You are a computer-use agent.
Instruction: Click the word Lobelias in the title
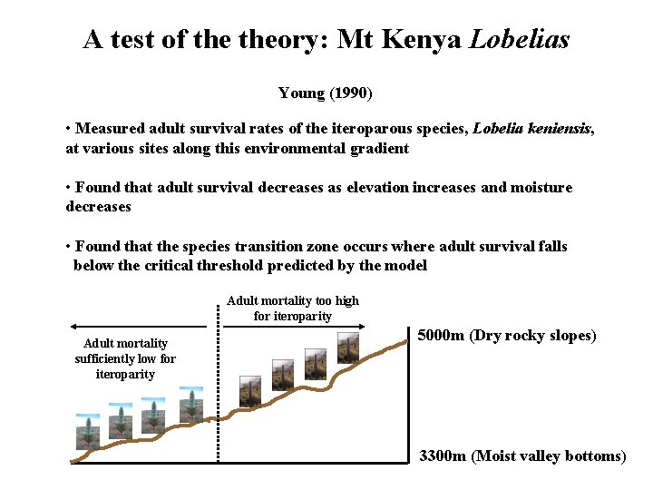click(519, 40)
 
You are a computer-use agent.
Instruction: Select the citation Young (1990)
click(326, 93)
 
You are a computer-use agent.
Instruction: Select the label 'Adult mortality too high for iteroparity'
click(293, 308)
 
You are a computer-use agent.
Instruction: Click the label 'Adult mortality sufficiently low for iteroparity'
click(125, 358)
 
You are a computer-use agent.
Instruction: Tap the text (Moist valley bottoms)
click(549, 456)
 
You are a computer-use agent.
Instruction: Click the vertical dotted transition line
click(218, 390)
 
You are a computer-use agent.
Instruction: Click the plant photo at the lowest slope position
click(87, 433)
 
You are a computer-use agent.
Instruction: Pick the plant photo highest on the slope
click(347, 346)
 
